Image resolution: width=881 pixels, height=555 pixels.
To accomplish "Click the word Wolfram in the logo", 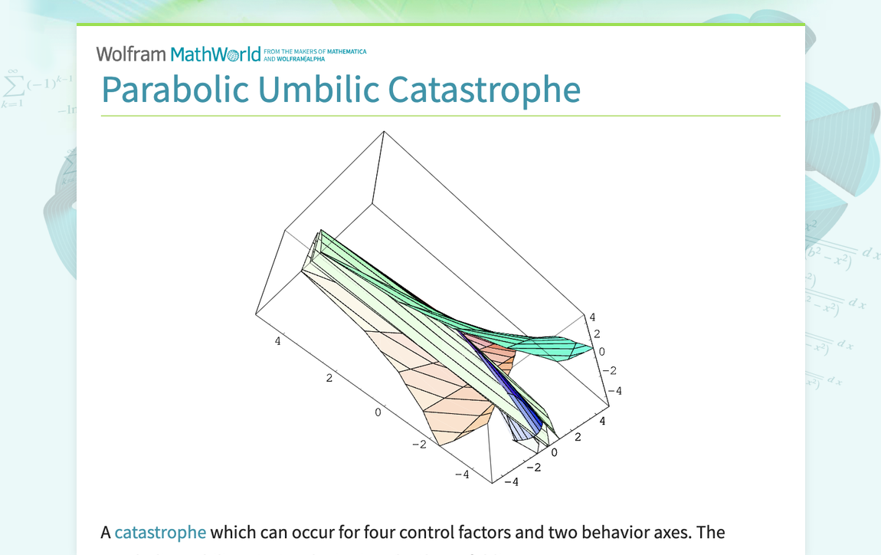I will pyautogui.click(x=130, y=54).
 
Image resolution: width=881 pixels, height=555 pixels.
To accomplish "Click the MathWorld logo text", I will pyautogui.click(x=215, y=54).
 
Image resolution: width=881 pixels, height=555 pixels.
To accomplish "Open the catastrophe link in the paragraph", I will pyautogui.click(x=160, y=532).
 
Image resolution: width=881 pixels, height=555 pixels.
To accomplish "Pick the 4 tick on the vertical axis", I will pyautogui.click(x=591, y=317).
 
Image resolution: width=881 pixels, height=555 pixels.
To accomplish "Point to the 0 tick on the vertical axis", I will pyautogui.click(x=602, y=352).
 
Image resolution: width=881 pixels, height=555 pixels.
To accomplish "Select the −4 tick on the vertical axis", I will pyautogui.click(x=614, y=391).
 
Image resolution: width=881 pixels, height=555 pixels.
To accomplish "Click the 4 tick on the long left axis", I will pyautogui.click(x=277, y=341).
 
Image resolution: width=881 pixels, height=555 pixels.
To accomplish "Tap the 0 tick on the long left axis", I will pyautogui.click(x=378, y=412).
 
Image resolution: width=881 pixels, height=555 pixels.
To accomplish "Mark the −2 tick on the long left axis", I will pyautogui.click(x=419, y=445).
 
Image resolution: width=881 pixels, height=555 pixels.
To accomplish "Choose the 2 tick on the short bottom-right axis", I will pyautogui.click(x=578, y=437).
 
